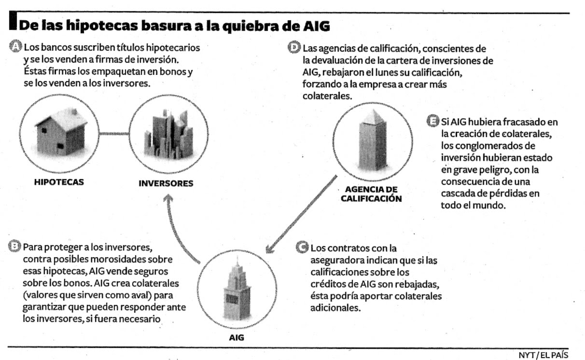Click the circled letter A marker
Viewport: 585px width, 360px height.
16,47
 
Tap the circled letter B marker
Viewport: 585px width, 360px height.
16,247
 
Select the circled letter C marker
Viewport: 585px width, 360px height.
302,248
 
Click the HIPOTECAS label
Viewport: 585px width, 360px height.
59,182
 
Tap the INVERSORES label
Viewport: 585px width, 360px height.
166,183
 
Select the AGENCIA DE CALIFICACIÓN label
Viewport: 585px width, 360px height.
371,194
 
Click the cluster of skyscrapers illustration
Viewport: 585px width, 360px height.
167,133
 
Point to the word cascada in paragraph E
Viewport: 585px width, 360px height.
457,194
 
